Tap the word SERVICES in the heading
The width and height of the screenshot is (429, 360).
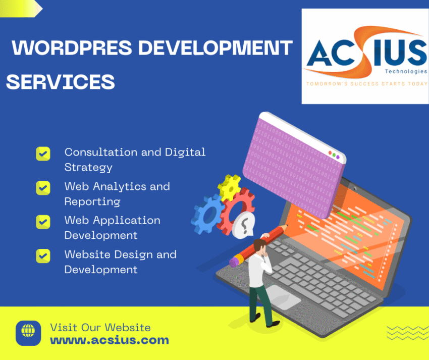61,81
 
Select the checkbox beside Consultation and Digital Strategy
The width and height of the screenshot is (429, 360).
43,153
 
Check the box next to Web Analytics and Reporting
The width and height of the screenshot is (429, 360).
43,188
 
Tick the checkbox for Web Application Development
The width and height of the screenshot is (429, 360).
43,222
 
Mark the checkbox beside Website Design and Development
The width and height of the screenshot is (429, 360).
43,255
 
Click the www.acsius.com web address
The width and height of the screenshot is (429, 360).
110,340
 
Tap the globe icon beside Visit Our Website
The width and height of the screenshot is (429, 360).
28,333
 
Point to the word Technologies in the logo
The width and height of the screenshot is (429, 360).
407,72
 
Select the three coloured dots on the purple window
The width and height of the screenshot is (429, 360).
333,153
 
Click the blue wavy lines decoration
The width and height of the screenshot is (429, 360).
400,333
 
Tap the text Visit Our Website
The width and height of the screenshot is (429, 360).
100,328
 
